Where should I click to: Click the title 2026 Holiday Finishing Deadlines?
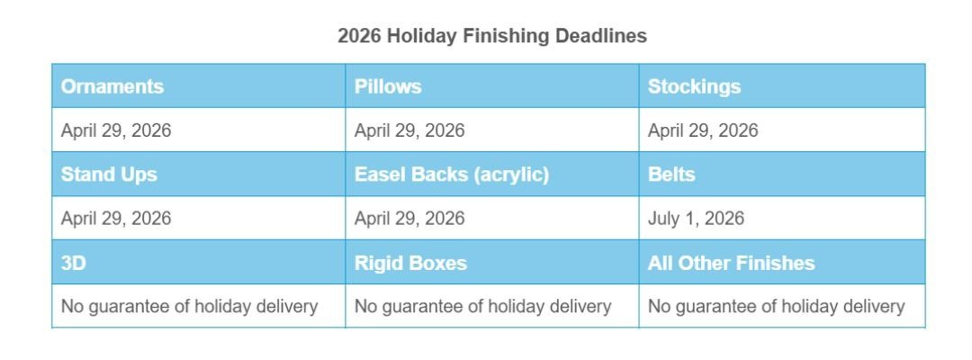tap(492, 36)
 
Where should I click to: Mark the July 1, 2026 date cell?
tap(696, 219)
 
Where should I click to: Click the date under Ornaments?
tap(116, 130)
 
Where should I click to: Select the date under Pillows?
tap(409, 130)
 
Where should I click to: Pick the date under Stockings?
tap(703, 130)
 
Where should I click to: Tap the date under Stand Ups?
tap(116, 219)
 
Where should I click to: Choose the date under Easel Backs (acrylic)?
tap(409, 219)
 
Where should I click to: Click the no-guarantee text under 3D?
tap(190, 307)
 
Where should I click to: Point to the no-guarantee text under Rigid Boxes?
tap(483, 307)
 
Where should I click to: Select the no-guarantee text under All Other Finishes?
tap(777, 307)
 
